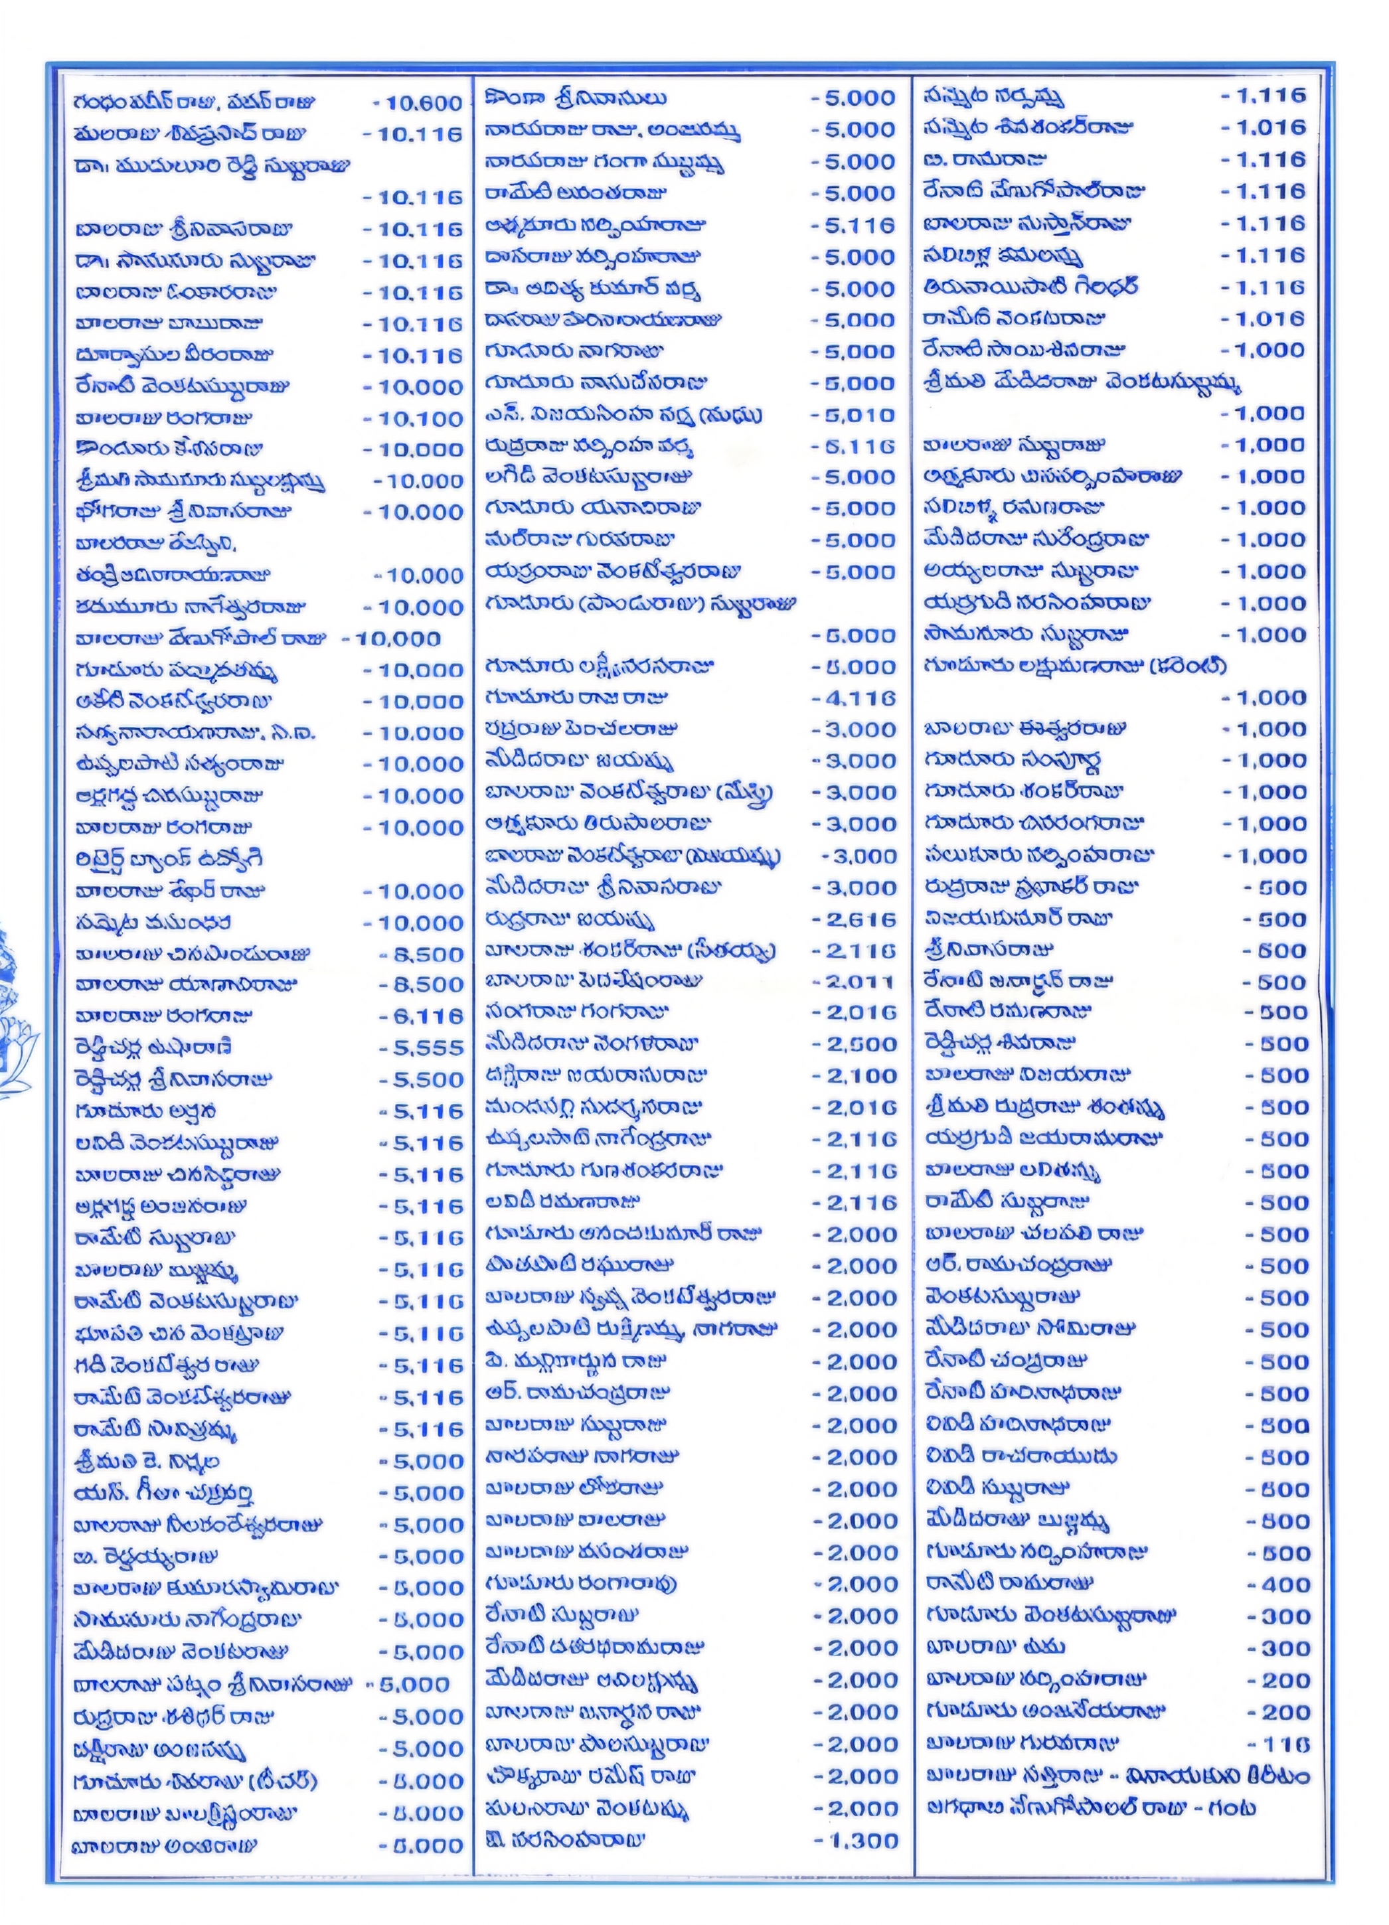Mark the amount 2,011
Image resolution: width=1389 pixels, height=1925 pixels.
click(858, 982)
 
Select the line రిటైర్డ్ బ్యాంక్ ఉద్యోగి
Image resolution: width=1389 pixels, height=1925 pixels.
click(168, 859)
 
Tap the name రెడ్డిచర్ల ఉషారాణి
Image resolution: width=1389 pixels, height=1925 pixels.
click(153, 1048)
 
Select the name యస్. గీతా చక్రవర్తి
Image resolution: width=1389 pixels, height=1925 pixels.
click(164, 1493)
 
